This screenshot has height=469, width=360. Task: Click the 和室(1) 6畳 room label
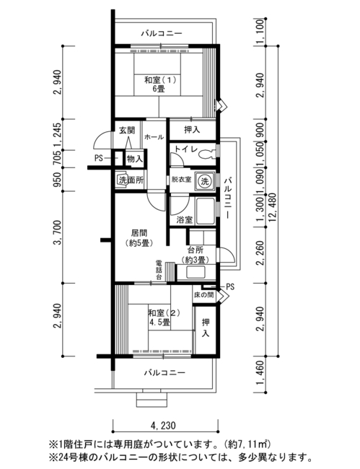tap(160, 84)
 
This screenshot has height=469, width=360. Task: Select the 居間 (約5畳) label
tap(139, 237)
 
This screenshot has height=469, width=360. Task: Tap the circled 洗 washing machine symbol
tap(205, 180)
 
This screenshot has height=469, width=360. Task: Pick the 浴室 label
tap(184, 220)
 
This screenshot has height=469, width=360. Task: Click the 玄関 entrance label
tap(127, 131)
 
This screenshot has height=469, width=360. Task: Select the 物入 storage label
tap(135, 158)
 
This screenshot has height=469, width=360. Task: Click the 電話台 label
tap(159, 270)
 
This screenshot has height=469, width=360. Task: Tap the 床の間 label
tap(204, 295)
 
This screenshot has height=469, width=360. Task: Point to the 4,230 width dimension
tap(163, 425)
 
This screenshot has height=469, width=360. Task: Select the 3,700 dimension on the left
tap(58, 232)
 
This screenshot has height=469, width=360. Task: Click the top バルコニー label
tap(162, 33)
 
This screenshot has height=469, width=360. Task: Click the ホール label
tap(154, 137)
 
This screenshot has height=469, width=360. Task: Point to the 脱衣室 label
tap(182, 180)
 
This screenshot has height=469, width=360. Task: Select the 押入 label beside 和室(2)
tap(206, 328)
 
